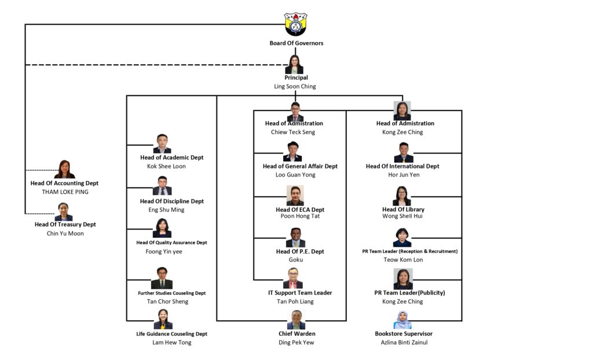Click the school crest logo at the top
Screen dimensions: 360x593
click(295, 24)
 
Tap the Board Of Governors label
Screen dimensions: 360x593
click(296, 43)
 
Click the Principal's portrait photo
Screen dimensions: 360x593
click(294, 64)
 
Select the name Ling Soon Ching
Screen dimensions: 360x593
click(295, 86)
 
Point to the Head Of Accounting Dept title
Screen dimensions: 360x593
click(64, 183)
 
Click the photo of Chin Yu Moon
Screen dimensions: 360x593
click(64, 211)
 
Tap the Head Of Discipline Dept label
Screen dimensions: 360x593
click(172, 201)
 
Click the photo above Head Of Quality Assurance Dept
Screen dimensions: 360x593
click(162, 228)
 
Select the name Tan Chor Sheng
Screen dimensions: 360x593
click(167, 302)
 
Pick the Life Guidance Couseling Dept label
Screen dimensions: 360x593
click(171, 334)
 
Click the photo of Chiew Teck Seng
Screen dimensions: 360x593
click(295, 112)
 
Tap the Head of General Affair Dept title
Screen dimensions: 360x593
click(300, 166)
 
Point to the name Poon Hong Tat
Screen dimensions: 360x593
click(300, 216)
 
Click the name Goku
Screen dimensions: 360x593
click(296, 260)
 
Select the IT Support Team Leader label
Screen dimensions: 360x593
click(296, 293)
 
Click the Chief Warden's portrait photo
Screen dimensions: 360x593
click(296, 319)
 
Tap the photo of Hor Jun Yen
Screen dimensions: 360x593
click(403, 153)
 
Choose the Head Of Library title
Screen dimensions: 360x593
click(403, 210)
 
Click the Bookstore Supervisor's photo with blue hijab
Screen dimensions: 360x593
click(402, 319)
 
